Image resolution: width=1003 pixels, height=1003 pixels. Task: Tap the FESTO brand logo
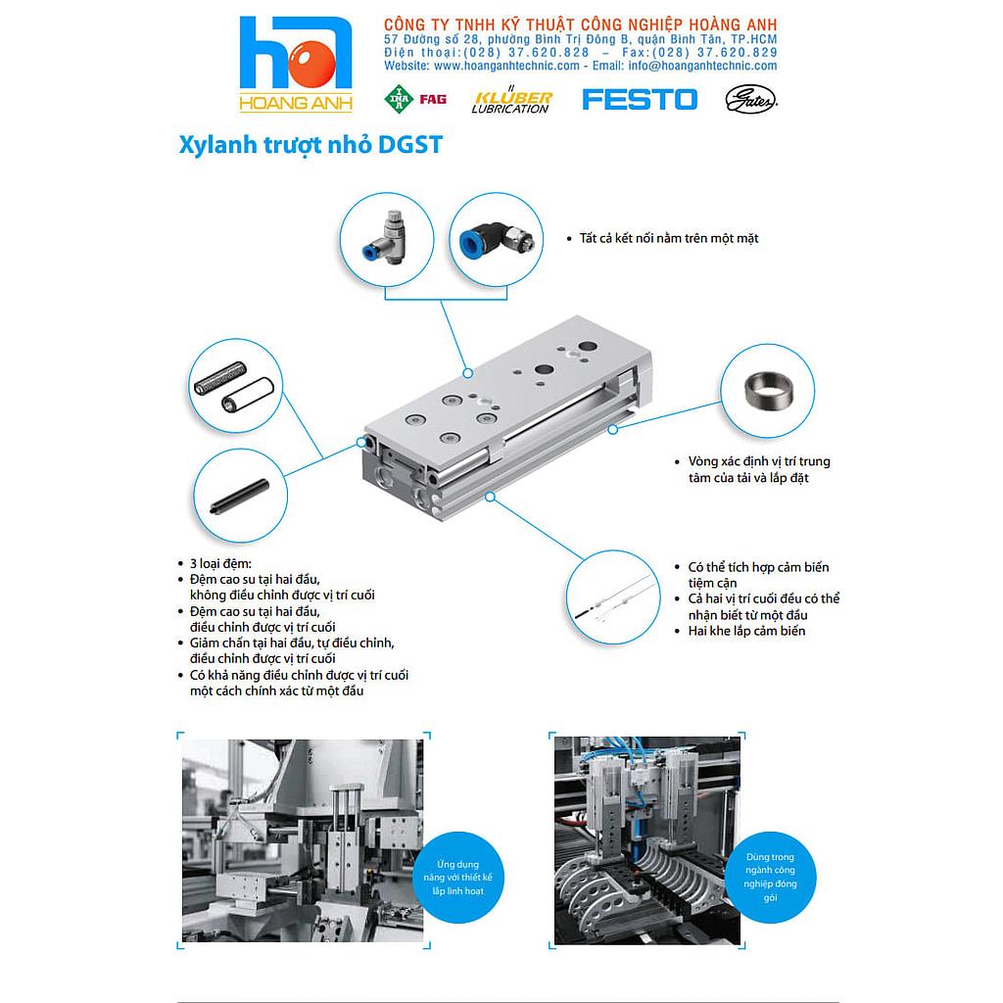[x=640, y=99]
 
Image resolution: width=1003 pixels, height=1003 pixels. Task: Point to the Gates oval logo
[x=751, y=99]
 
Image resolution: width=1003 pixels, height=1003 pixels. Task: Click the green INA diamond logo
[x=399, y=99]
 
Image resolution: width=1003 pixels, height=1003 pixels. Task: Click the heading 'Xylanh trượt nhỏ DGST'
[x=311, y=145]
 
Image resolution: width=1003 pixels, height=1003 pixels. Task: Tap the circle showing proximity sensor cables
[x=611, y=597]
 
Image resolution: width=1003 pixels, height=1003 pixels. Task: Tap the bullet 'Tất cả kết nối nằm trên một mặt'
[x=668, y=238]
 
